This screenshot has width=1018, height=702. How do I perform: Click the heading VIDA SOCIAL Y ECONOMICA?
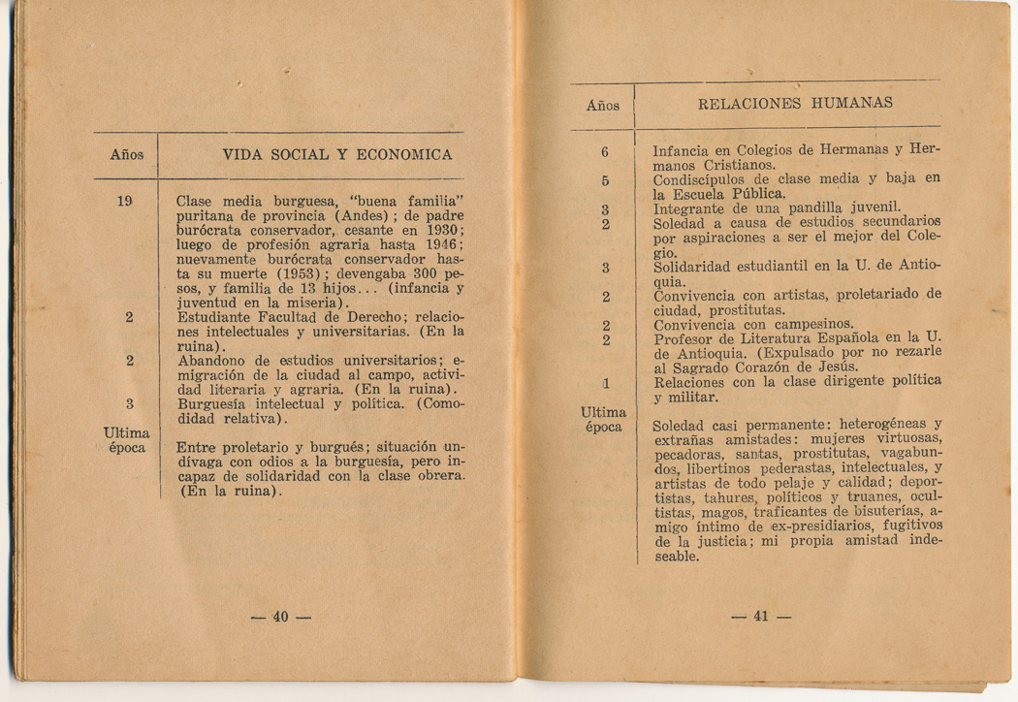click(x=337, y=154)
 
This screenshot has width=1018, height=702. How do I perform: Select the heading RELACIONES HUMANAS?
click(x=795, y=103)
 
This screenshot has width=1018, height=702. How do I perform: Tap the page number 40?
click(x=281, y=617)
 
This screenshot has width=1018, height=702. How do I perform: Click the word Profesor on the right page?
click(x=684, y=338)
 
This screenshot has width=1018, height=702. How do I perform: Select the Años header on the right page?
click(x=602, y=106)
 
